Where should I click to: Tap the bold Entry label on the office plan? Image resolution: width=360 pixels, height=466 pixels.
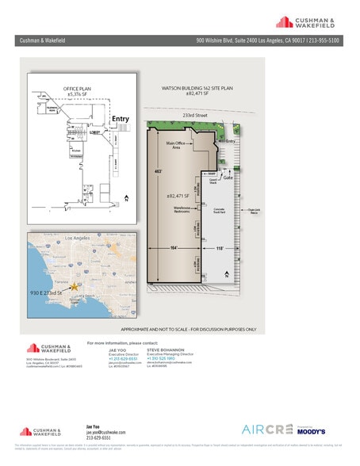120,119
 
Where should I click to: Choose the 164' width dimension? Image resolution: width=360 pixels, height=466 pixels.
172,247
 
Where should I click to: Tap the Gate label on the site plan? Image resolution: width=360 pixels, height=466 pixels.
228,178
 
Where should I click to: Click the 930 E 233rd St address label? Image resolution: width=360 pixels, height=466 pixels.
53,293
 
